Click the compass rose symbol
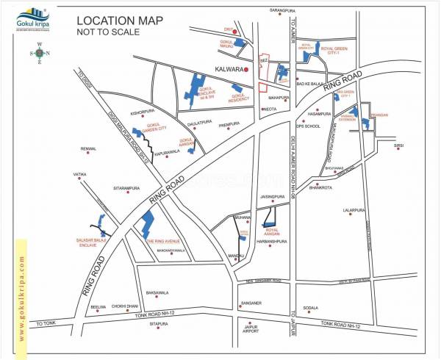pyautogui.click(x=40, y=53)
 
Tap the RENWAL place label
pyautogui.click(x=88, y=148)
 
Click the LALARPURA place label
pyautogui.click(x=354, y=210)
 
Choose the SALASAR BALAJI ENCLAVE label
pyautogui.click(x=92, y=241)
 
